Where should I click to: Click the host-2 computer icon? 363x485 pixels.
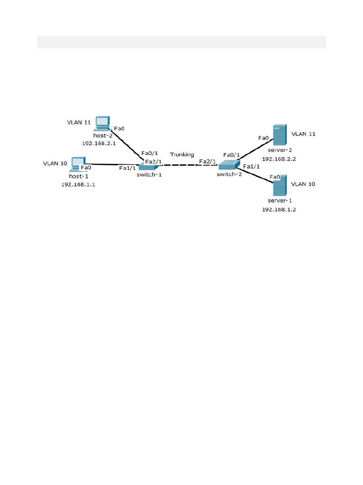(x=102, y=123)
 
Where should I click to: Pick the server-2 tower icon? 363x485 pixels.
(x=279, y=135)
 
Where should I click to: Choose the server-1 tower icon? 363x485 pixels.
(x=279, y=185)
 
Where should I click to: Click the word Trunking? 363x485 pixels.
(x=182, y=154)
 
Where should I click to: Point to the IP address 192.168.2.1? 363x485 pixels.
(x=98, y=143)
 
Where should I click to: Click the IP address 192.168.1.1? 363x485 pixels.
(x=78, y=185)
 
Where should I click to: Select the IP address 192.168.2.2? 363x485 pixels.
(x=279, y=159)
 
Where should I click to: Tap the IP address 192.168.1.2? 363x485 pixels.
(x=279, y=209)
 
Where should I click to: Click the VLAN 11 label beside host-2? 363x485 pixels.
(x=79, y=122)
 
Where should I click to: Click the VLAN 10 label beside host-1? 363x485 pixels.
(x=55, y=163)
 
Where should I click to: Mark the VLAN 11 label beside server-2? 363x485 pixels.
(x=303, y=134)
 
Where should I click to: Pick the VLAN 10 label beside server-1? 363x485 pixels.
(x=303, y=184)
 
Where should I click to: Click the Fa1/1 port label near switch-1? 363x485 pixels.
(x=127, y=168)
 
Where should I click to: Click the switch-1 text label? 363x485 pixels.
(x=149, y=174)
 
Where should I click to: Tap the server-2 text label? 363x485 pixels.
(x=279, y=150)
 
